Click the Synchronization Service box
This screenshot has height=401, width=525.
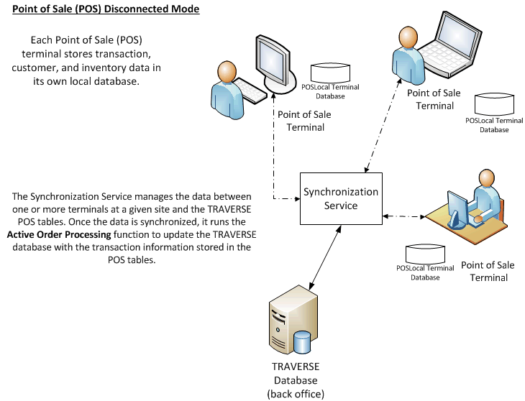(x=340, y=199)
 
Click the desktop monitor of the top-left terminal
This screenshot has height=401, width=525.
(x=268, y=63)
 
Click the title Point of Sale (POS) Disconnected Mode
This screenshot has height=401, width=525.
(x=106, y=10)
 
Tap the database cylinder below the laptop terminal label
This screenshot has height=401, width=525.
(x=494, y=103)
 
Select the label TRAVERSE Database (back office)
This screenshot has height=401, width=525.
(x=296, y=381)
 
